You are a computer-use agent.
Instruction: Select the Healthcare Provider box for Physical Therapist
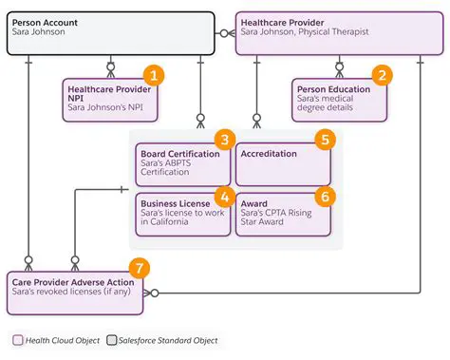338,32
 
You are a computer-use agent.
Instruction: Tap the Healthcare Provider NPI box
106,101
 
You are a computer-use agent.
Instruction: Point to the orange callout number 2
382,75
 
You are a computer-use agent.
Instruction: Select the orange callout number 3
224,140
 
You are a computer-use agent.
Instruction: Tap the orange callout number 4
224,197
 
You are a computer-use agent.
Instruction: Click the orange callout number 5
325,140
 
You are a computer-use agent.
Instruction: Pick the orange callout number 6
325,197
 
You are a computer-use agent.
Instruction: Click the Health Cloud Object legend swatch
18,340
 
